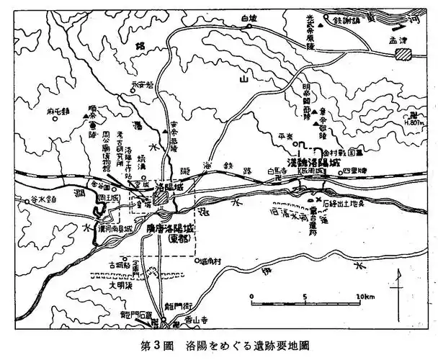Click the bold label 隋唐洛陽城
coord(169,228)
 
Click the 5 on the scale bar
coord(305,296)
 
